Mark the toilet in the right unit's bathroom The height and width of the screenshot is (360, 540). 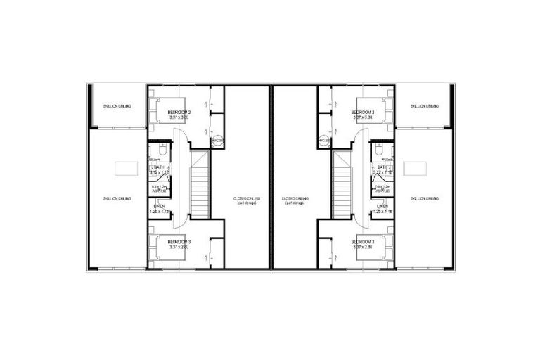pos(379,150)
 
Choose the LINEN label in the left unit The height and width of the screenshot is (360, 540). pos(159,206)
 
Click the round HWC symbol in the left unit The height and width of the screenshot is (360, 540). pos(217,141)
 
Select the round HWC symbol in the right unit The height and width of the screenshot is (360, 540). pos(324,141)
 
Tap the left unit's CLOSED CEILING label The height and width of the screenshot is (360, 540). pos(246,198)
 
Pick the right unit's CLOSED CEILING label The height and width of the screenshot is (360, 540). pos(295,198)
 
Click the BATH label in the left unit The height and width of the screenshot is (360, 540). pos(159,167)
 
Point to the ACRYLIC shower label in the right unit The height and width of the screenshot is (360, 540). pos(383,191)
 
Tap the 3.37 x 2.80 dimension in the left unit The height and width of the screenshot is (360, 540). pos(179,247)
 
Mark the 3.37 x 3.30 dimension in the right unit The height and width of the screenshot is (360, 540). pos(363,117)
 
